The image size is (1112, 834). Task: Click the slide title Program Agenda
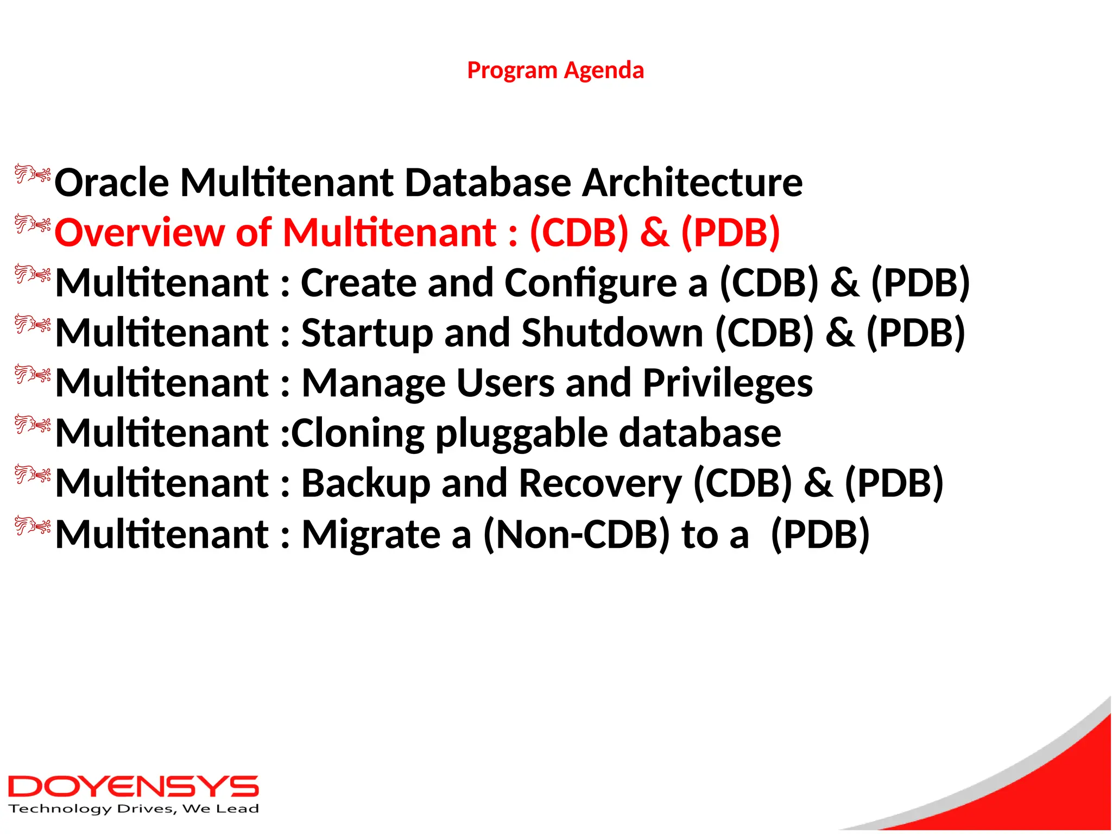click(555, 71)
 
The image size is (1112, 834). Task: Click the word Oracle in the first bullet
click(111, 182)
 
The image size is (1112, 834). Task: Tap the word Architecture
click(692, 182)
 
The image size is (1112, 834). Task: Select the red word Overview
click(139, 233)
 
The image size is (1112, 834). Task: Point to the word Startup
click(367, 333)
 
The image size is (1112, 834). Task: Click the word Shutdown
click(612, 333)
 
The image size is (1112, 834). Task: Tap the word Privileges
click(728, 383)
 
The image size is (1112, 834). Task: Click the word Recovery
click(600, 483)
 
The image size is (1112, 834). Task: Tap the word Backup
click(366, 483)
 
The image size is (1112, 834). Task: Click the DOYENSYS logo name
click(133, 787)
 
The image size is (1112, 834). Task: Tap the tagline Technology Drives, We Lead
click(134, 809)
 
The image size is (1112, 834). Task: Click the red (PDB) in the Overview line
click(730, 233)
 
